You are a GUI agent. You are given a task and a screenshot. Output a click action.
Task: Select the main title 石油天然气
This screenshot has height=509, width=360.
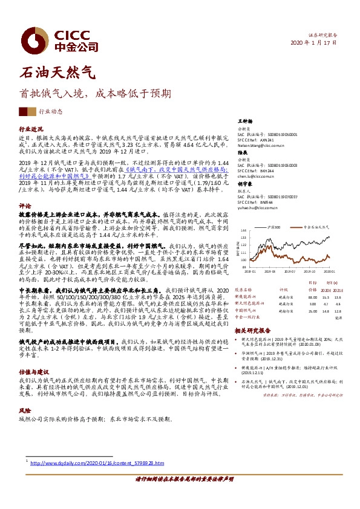[x=58, y=74]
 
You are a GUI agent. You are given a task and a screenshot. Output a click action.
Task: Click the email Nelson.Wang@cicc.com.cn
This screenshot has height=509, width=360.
[x=264, y=146]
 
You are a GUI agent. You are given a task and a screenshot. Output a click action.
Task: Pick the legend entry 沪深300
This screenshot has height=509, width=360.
[x=272, y=225]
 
